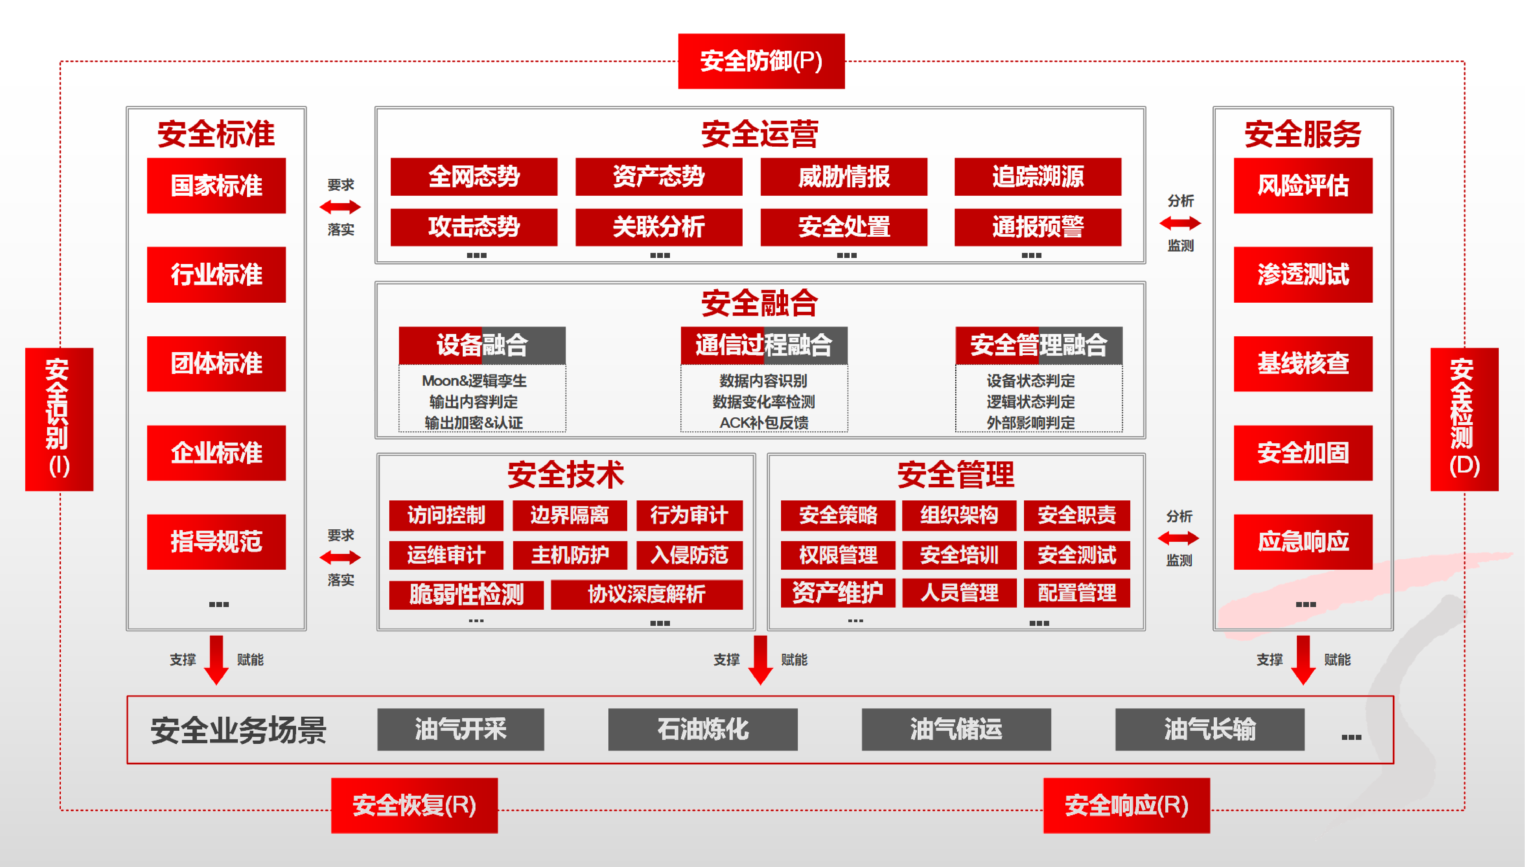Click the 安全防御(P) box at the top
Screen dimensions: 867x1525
pos(761,61)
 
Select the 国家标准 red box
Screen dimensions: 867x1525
pos(216,185)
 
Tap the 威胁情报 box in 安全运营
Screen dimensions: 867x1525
pos(844,177)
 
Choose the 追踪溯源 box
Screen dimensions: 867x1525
pos(1037,177)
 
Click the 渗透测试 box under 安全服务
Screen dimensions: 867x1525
pos(1303,274)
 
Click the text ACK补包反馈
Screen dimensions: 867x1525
pos(764,423)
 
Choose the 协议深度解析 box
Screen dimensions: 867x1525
pos(646,594)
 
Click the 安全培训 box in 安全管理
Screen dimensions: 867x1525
pos(958,555)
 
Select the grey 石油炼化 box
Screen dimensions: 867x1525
pos(702,729)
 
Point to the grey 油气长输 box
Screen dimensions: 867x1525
pos(1209,729)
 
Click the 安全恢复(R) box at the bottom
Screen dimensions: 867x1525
pos(414,805)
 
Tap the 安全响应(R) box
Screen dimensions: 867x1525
pos(1126,805)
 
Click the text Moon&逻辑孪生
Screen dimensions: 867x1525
pos(474,380)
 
